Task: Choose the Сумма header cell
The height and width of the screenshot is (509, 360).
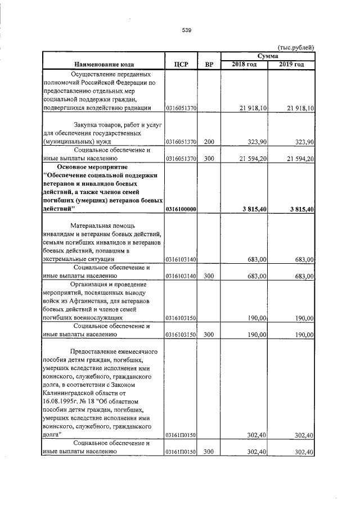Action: click(267, 56)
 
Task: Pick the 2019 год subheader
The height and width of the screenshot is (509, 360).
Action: click(291, 65)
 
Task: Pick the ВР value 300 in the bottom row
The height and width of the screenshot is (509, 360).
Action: click(209, 452)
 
